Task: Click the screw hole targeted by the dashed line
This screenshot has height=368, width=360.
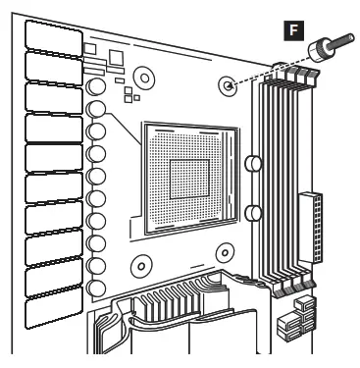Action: pyautogui.click(x=229, y=85)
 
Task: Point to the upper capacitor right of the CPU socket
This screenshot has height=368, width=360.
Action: pyautogui.click(x=251, y=162)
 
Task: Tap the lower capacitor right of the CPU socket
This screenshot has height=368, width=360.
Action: pyautogui.click(x=251, y=211)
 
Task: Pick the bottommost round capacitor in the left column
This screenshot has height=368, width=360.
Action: pyautogui.click(x=96, y=289)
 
